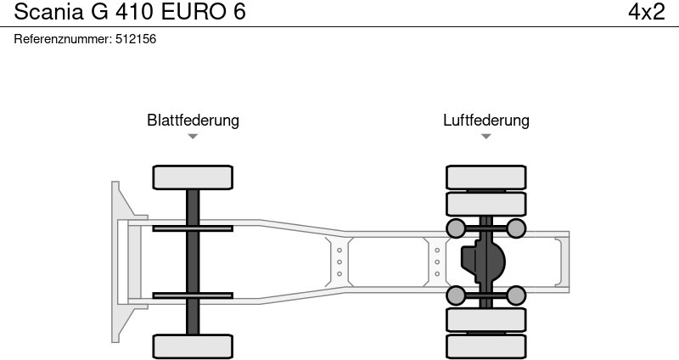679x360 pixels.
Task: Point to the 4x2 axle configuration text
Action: coord(647,13)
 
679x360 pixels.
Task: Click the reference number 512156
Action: coord(136,39)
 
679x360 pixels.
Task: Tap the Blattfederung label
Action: coord(193,120)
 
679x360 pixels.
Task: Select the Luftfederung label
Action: coord(485,120)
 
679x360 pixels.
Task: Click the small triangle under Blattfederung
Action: coord(193,136)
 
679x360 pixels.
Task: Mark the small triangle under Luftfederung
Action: coord(485,136)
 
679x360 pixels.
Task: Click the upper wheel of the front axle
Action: coord(193,177)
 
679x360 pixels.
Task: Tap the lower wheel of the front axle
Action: coord(193,346)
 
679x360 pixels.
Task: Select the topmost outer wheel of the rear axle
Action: coord(485,177)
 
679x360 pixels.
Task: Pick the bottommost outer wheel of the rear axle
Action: coord(485,346)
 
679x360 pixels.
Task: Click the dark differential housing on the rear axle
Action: coord(481,262)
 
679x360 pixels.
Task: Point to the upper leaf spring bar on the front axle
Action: coord(193,228)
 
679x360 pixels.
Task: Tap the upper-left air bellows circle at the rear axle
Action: coord(456,228)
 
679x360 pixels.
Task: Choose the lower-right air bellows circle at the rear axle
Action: coord(516,295)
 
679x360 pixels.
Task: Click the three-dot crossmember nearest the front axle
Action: coord(339,262)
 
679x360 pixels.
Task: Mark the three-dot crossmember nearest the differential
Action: coord(437,262)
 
